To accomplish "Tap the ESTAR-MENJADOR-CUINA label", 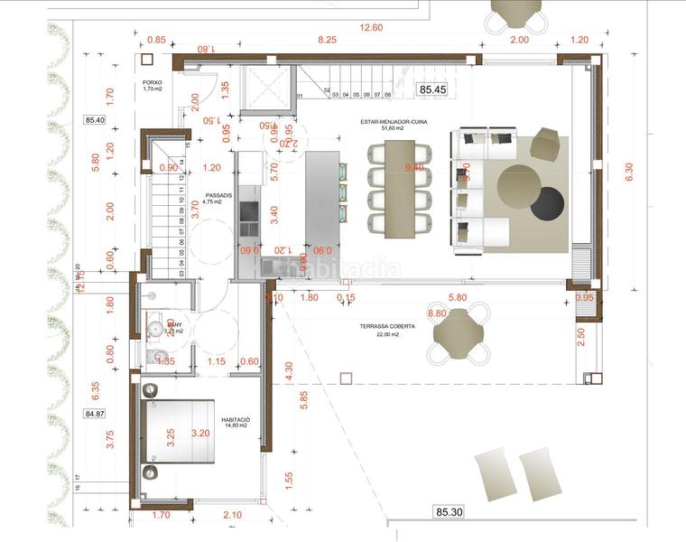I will [380, 124].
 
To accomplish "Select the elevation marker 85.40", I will [95, 119].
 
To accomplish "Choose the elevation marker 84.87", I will [95, 414].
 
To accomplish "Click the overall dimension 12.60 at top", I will [371, 27].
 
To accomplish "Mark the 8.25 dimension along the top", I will [327, 40].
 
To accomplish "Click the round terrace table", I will [460, 335].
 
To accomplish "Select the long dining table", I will [398, 189].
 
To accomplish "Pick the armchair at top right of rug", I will [546, 145].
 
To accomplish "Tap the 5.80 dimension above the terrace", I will [457, 297].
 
